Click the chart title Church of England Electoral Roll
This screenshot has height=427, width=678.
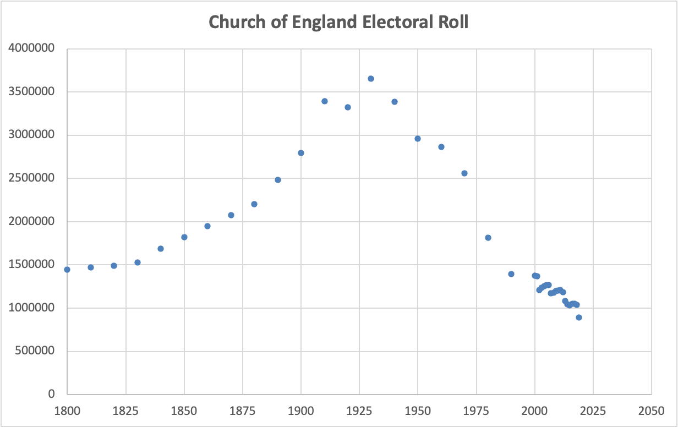pyautogui.click(x=338, y=23)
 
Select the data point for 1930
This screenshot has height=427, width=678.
pyautogui.click(x=371, y=79)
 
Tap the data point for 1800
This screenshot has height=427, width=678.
pyautogui.click(x=67, y=270)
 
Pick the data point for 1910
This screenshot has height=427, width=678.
pyautogui.click(x=325, y=101)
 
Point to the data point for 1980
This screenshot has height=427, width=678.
pyautogui.click(x=488, y=238)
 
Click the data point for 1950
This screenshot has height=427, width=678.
pyautogui.click(x=418, y=139)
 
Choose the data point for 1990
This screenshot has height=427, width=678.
pyautogui.click(x=511, y=274)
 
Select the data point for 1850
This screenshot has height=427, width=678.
pyautogui.click(x=184, y=237)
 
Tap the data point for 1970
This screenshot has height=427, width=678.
pyautogui.click(x=464, y=173)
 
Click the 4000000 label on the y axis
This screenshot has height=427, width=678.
pyautogui.click(x=31, y=49)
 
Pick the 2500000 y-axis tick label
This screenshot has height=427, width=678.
pyautogui.click(x=31, y=178)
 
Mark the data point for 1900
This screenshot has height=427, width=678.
pyautogui.click(x=301, y=153)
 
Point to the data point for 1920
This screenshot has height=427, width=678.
pyautogui.click(x=348, y=107)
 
